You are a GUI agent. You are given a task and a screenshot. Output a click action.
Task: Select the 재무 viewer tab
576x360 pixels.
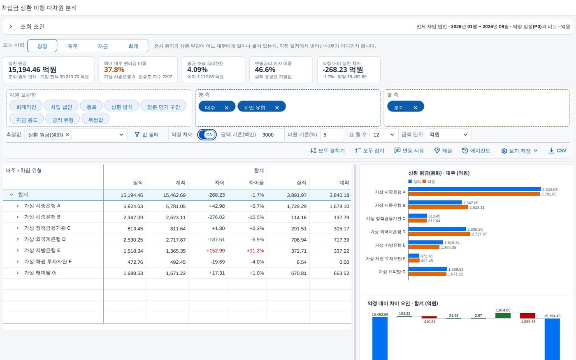click(x=72, y=46)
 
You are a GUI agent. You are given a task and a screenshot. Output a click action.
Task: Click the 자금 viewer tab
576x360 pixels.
click(x=102, y=46)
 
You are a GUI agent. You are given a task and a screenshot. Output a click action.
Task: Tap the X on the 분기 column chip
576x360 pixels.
click(x=415, y=107)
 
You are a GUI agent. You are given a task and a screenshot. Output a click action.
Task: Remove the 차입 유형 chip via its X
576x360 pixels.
click(x=276, y=107)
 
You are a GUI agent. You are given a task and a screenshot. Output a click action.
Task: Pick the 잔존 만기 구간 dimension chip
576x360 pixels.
click(x=164, y=107)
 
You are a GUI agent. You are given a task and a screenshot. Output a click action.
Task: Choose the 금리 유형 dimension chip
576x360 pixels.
click(x=63, y=120)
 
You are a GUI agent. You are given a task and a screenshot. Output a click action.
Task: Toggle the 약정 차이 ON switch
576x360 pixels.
click(x=207, y=135)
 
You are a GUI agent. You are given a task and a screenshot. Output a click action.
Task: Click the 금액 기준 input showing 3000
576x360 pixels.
click(x=272, y=135)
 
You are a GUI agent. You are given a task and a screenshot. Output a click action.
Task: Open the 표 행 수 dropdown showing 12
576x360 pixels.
click(x=383, y=135)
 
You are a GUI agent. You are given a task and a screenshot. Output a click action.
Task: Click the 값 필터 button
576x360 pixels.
click(x=146, y=135)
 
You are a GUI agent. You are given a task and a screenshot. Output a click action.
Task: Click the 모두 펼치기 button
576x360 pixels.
click(x=327, y=151)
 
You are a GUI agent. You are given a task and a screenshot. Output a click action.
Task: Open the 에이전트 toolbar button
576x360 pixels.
click(x=476, y=151)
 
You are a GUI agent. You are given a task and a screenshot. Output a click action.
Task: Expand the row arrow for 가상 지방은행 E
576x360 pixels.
click(x=17, y=251)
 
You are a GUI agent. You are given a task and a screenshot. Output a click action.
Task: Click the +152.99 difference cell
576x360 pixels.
click(x=216, y=251)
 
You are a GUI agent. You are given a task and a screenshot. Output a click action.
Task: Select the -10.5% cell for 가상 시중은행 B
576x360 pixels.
click(x=256, y=217)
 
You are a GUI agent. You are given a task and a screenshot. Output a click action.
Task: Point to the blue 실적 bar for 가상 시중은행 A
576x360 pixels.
click(x=474, y=189)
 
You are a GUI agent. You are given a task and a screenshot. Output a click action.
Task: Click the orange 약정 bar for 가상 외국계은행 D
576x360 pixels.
click(x=439, y=234)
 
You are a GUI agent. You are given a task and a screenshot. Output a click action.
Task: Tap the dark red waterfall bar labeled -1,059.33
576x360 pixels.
click(x=527, y=316)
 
